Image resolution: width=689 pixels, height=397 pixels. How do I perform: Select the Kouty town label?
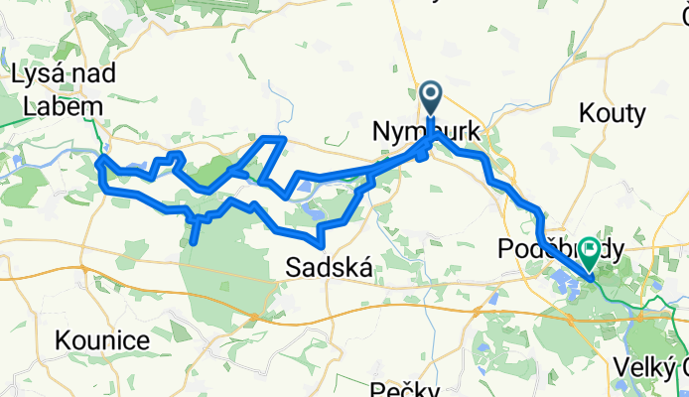(612, 114)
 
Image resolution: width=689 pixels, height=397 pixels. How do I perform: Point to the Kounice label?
(103, 340)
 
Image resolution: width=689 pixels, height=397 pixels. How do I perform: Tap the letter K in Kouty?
(587, 114)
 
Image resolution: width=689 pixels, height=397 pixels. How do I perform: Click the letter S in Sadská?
(294, 266)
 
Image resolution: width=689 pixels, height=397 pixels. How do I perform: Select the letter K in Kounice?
(66, 340)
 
